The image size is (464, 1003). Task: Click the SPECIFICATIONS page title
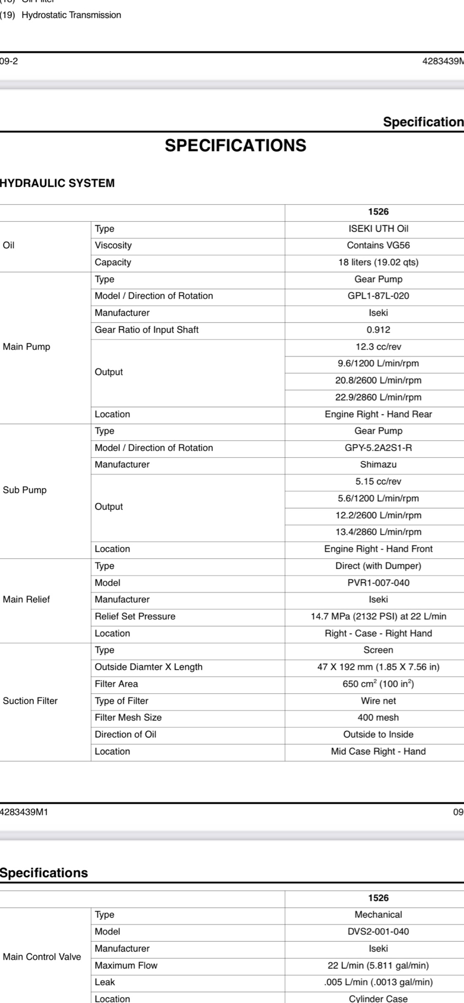pos(235,145)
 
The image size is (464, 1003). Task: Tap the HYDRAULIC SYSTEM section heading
pos(57,183)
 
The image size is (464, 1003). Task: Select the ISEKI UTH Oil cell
pos(378,229)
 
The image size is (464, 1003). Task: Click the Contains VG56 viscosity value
pos(378,245)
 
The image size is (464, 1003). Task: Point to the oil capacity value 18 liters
pos(378,263)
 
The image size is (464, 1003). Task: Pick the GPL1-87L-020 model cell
pos(378,296)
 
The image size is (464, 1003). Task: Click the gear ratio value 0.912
pos(378,330)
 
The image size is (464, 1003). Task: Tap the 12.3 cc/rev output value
pos(378,347)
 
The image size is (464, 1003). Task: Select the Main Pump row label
pos(26,347)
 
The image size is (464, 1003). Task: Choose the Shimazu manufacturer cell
pos(378,464)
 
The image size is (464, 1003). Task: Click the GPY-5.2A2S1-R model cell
pos(378,448)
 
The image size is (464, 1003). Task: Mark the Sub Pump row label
pos(25,490)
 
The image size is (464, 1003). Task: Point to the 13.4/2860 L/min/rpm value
pos(378,532)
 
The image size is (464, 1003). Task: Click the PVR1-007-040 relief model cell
pos(378,583)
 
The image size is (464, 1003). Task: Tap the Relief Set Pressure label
pos(135,617)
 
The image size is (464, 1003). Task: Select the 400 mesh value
pos(378,717)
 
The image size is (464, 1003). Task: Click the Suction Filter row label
pos(30,701)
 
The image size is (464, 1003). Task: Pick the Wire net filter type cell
pos(378,701)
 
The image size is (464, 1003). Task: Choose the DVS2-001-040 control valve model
pos(378,931)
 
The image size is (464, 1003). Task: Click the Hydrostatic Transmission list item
pos(71,15)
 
